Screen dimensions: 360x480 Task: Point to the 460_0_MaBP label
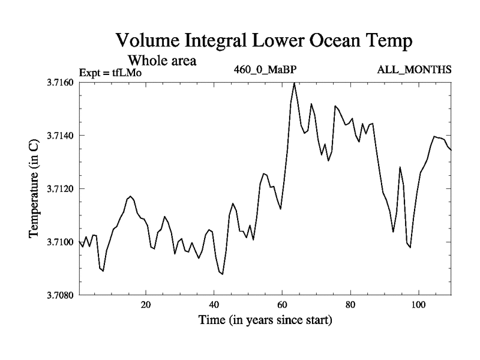265,70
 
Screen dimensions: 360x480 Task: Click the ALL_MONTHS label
414,70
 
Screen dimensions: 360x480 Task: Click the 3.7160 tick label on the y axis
61,82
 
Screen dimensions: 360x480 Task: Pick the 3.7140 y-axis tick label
61,136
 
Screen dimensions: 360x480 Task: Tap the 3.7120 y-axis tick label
61,189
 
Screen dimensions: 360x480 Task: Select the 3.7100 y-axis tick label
61,242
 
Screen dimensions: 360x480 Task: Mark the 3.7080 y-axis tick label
61,295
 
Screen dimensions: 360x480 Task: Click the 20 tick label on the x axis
146,304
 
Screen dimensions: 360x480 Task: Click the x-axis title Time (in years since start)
265,320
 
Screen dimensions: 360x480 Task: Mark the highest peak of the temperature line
294,83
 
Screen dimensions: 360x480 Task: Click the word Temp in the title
390,43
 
